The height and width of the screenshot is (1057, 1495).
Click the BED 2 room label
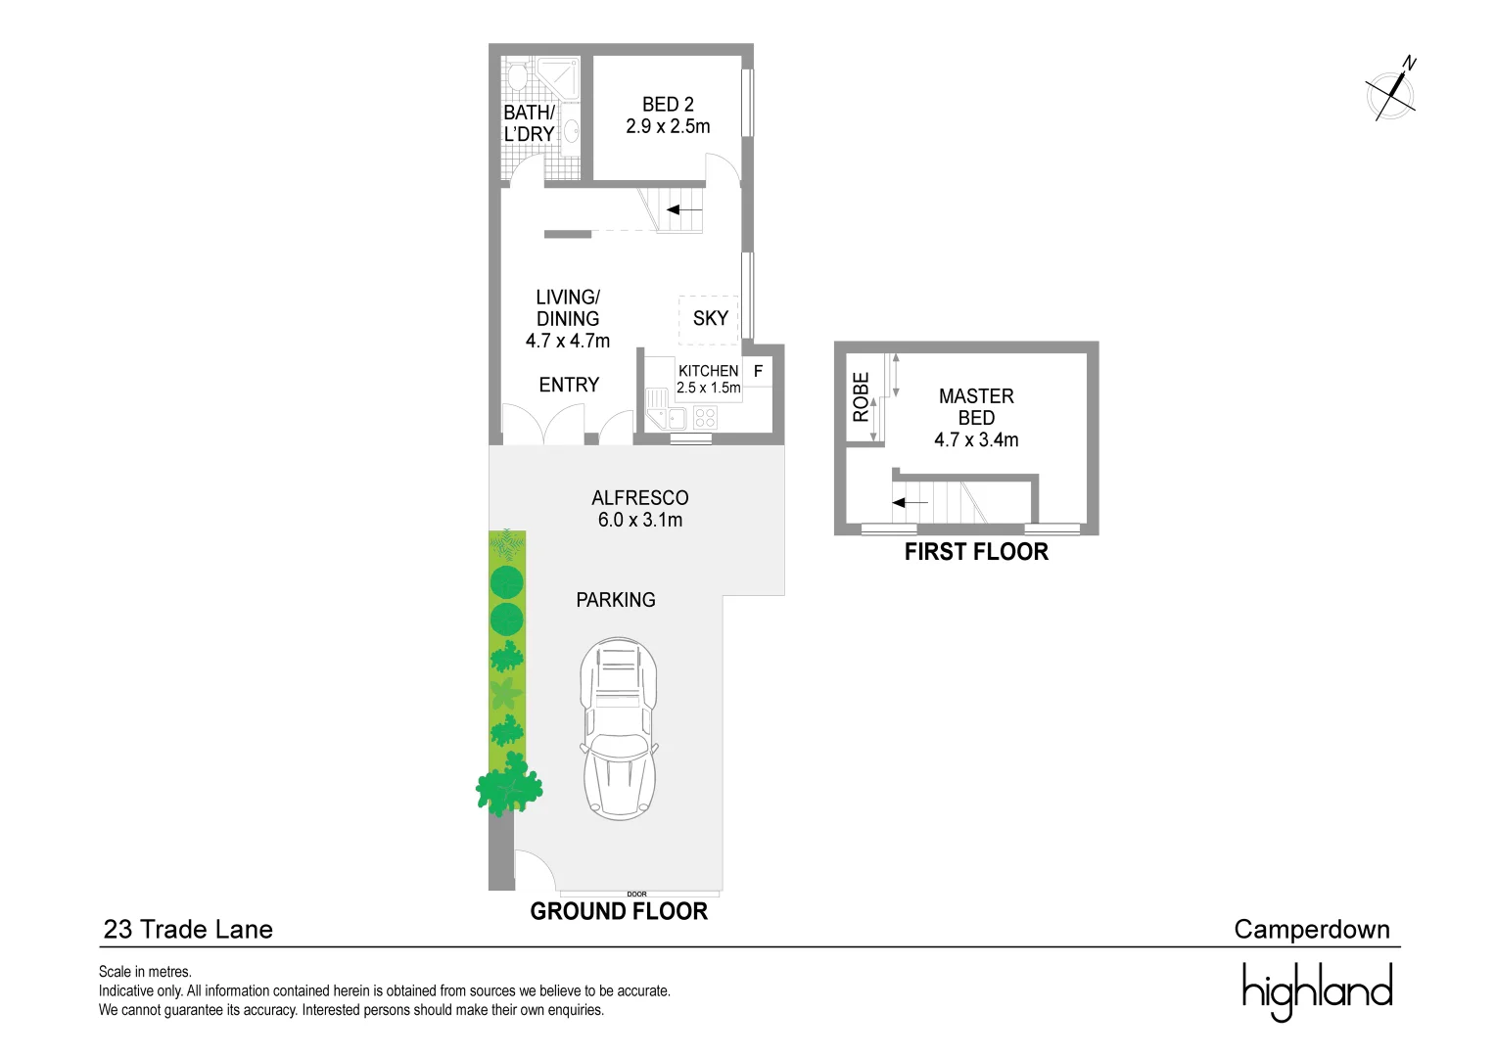click(x=668, y=115)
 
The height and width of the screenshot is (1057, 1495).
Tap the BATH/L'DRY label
click(x=529, y=123)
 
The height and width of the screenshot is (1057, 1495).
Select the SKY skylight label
click(x=710, y=318)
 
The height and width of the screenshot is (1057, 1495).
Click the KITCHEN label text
click(x=708, y=371)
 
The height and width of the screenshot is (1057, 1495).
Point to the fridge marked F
click(x=758, y=372)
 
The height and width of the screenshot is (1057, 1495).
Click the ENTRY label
click(x=569, y=385)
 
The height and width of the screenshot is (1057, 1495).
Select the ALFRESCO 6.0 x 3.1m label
click(x=640, y=509)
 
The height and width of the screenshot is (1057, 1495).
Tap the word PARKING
click(x=615, y=600)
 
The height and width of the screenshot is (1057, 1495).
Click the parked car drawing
click(x=619, y=728)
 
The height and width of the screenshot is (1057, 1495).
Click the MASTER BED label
click(x=976, y=418)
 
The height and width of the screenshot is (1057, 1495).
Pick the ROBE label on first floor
click(x=861, y=396)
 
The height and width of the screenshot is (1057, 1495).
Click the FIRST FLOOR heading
click(x=976, y=552)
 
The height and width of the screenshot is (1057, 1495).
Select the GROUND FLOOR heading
click(x=619, y=911)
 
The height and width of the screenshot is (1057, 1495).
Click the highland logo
click(x=1317, y=990)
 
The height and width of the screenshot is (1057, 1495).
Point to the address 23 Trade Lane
click(x=188, y=929)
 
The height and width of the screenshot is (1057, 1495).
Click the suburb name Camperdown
click(x=1311, y=929)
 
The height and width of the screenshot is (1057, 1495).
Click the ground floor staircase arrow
click(x=684, y=209)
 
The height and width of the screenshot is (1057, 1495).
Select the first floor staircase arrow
click(x=910, y=502)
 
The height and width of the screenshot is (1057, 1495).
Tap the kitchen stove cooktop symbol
click(x=705, y=418)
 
